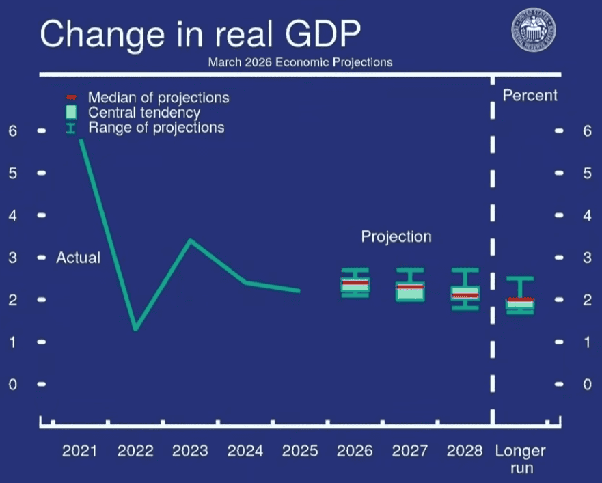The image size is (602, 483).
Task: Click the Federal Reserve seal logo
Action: (534, 32)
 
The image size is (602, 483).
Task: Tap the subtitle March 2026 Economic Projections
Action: (300, 62)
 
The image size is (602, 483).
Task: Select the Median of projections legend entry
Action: (158, 98)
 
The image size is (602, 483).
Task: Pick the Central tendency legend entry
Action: (143, 113)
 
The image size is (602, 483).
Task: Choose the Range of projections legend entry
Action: (155, 128)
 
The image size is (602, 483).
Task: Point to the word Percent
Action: (530, 96)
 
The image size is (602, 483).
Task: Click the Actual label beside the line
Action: (78, 258)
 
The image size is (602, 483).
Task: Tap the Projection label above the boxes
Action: (396, 237)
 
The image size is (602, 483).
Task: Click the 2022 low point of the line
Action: (136, 329)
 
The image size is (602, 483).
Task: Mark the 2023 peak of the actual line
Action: (191, 240)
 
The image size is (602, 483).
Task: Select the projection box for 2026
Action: (355, 286)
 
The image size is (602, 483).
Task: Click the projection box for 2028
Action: (464, 292)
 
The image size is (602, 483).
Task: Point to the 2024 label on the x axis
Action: (245, 451)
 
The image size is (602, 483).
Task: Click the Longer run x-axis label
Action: (520, 459)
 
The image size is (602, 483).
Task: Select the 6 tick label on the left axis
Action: (12, 130)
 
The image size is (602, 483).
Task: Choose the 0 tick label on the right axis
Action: (587, 384)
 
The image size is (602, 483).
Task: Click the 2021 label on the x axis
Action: (80, 451)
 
